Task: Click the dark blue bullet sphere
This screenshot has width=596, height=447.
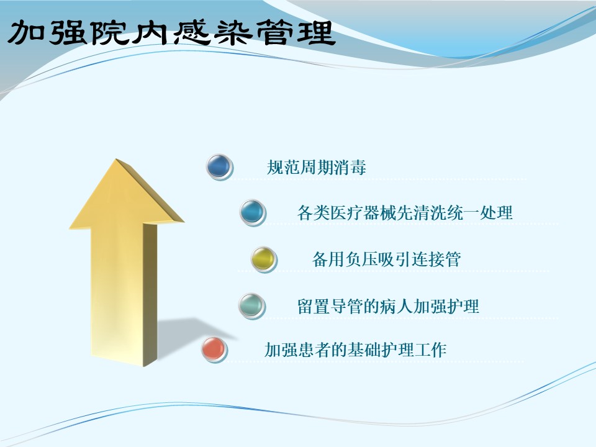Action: pyautogui.click(x=220, y=167)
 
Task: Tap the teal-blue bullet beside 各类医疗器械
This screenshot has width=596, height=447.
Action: pyautogui.click(x=253, y=212)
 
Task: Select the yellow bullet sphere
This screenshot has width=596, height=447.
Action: pyautogui.click(x=264, y=260)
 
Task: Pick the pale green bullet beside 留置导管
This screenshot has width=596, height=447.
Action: pyautogui.click(x=251, y=306)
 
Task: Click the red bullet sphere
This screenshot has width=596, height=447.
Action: pyautogui.click(x=214, y=350)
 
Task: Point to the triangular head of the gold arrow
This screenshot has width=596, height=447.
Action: pyautogui.click(x=126, y=194)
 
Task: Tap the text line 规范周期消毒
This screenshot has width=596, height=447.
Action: pyautogui.click(x=316, y=167)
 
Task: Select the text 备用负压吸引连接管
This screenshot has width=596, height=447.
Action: pyautogui.click(x=387, y=260)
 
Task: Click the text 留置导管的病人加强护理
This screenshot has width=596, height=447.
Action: pyautogui.click(x=388, y=306)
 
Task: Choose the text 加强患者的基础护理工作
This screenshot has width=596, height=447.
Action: pyautogui.click(x=355, y=350)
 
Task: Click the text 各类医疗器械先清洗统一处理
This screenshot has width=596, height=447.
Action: pyautogui.click(x=405, y=212)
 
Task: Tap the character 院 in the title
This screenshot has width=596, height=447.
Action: pyautogui.click(x=111, y=33)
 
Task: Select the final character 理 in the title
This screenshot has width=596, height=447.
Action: pyautogui.click(x=315, y=33)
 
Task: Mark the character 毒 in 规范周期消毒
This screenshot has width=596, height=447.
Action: pyautogui.click(x=358, y=167)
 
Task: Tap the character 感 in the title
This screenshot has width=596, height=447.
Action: pyautogui.click(x=192, y=33)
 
